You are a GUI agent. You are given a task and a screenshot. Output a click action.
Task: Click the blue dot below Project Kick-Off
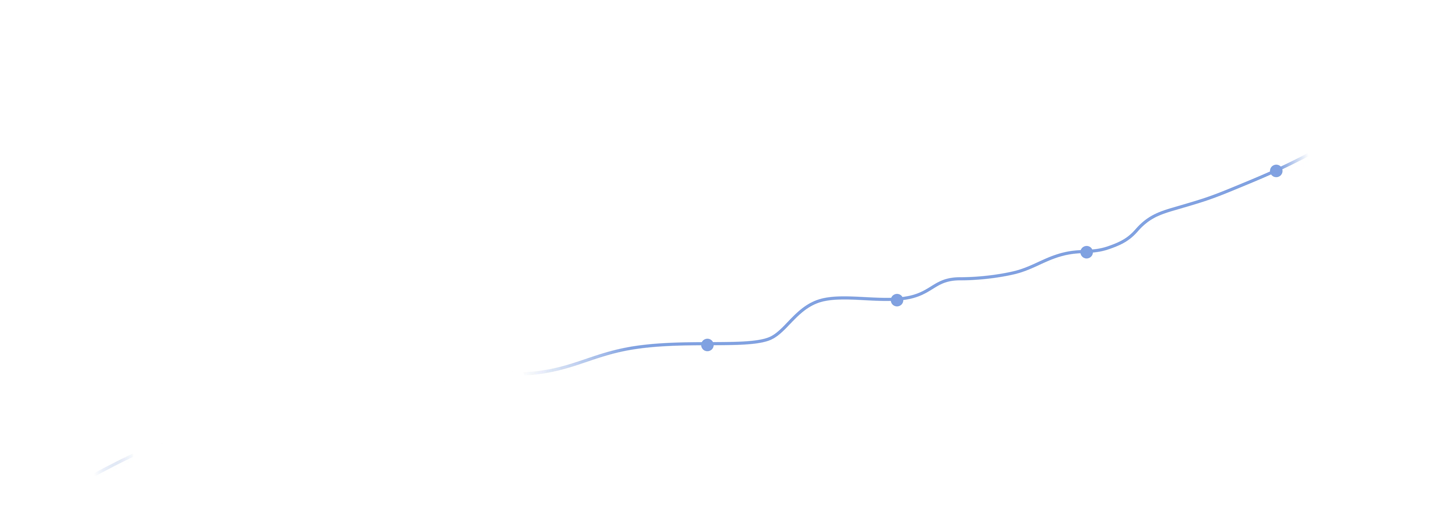[707, 344]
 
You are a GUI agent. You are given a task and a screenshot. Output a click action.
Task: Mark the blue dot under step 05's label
[897, 300]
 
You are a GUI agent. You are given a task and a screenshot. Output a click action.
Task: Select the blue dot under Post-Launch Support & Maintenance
[1276, 170]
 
